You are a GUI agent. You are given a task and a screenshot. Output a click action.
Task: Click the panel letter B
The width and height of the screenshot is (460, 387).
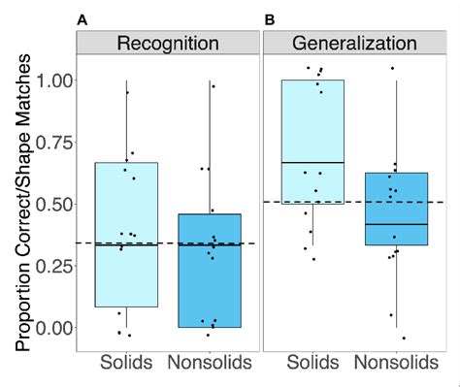[x=270, y=18]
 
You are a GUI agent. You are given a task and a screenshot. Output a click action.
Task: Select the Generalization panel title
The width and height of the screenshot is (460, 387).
[x=354, y=44]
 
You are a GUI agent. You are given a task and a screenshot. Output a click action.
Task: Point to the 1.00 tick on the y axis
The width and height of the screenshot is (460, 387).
[x=53, y=81]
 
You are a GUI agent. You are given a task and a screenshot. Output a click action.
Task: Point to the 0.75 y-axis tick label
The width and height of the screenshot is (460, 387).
[x=53, y=143]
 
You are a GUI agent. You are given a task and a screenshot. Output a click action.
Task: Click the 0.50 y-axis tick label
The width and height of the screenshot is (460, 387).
[x=53, y=204]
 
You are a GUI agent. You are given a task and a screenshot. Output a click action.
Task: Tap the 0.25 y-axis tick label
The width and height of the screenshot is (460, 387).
[x=53, y=266]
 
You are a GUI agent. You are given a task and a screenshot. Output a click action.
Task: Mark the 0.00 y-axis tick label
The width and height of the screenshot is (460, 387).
[x=53, y=327]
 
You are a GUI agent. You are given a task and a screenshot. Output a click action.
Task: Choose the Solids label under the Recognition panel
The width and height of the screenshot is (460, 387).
[x=127, y=364]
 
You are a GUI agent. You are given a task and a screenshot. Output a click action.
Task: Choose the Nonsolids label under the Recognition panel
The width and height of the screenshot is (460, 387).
[x=212, y=364]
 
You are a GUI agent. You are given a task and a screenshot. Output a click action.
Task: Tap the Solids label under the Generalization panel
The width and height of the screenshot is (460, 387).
[x=312, y=364]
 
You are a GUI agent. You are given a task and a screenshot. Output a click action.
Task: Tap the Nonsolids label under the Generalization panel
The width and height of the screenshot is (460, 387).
[x=397, y=364]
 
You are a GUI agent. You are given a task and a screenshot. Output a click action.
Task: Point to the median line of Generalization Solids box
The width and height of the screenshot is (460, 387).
[x=312, y=162]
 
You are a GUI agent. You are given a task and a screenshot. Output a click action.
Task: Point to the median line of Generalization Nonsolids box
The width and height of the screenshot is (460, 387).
[x=397, y=224]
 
